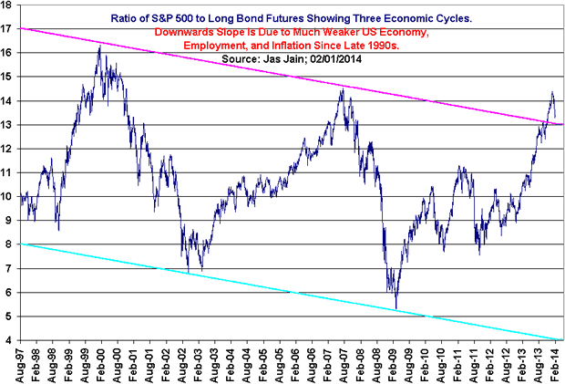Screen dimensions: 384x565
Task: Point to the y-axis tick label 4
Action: pyautogui.click(x=11, y=340)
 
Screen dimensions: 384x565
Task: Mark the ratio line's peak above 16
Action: pyautogui.click(x=98, y=47)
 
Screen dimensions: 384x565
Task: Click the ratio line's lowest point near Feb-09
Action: pyautogui.click(x=395, y=307)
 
